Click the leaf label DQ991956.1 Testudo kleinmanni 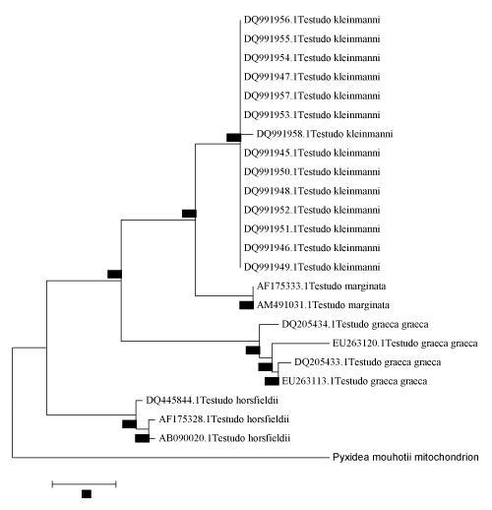point(312,20)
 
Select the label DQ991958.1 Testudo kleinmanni point(325,134)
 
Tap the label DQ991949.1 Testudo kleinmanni point(312,267)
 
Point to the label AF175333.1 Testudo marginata point(321,287)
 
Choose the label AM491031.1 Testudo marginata point(323,305)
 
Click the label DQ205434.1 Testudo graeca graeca point(355,325)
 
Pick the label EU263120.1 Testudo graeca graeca point(405,344)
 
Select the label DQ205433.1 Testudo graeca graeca point(368,362)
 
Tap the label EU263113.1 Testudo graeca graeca point(354,381)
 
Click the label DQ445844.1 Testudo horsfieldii point(212,401)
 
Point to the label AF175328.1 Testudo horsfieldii point(223,419)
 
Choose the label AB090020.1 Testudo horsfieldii point(224,438)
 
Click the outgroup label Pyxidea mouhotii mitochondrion point(405,457)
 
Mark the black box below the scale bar point(87,494)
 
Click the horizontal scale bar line point(84,484)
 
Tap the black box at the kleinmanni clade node point(234,138)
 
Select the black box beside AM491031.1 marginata point(246,305)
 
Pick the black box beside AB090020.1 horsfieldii point(142,438)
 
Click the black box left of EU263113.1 point(272,381)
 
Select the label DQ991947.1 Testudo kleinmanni point(312,77)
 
